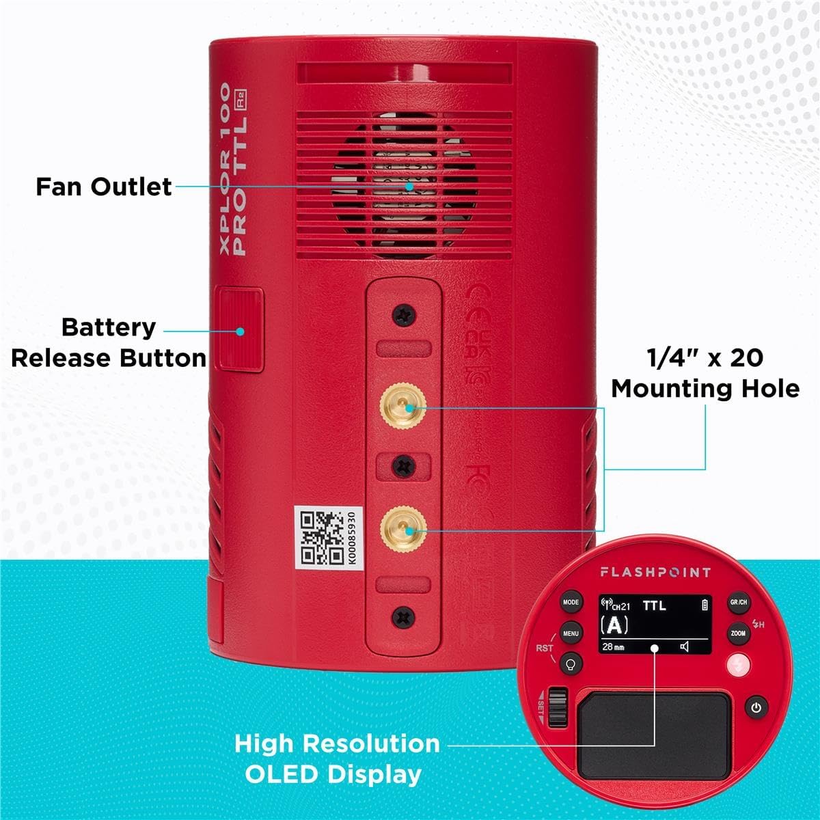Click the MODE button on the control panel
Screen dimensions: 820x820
[571, 603]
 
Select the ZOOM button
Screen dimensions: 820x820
[739, 633]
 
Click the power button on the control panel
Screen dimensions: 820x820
[756, 708]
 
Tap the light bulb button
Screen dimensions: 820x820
[571, 664]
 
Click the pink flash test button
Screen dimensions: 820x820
[739, 665]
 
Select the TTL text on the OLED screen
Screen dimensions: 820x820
[654, 605]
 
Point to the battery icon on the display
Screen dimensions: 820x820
[705, 605]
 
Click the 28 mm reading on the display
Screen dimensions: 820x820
[613, 646]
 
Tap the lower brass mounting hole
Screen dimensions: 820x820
[404, 528]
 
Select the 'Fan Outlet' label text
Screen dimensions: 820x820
[104, 187]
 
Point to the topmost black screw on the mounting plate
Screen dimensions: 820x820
[404, 315]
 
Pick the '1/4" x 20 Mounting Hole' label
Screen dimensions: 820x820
[705, 372]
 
